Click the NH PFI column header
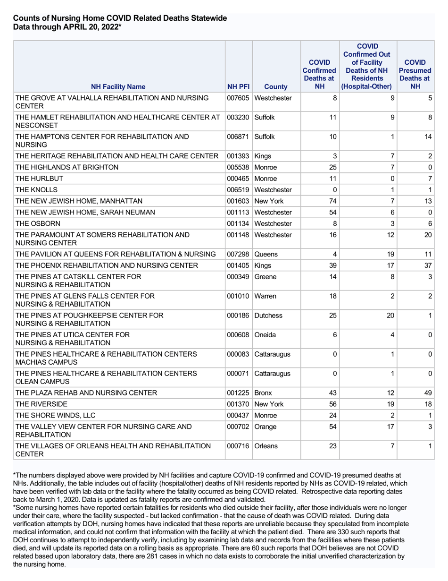[239, 86]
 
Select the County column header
[276, 86]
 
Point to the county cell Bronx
[264, 393]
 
